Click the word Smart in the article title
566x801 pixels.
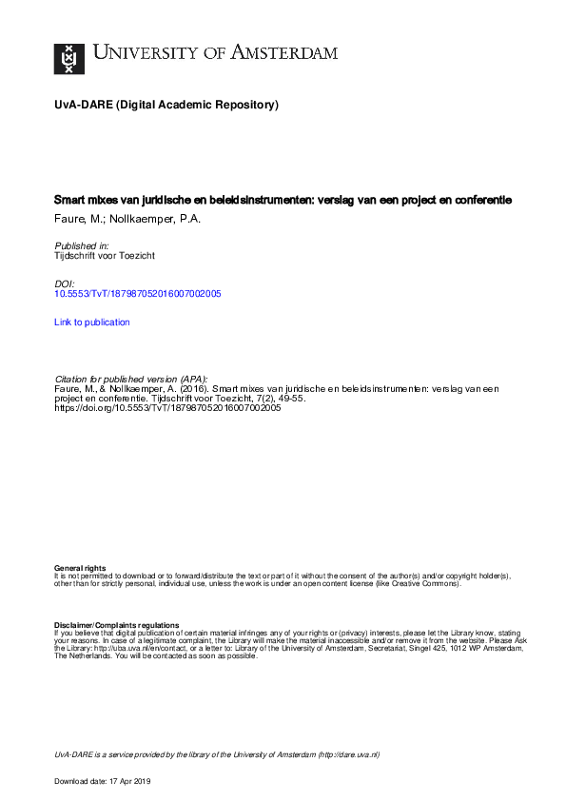tap(70, 201)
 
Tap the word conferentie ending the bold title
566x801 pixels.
tap(481, 201)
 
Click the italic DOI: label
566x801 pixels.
tap(66, 284)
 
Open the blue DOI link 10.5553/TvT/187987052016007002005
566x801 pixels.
tap(138, 295)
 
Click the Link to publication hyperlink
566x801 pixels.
tap(92, 322)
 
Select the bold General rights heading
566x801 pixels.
tap(80, 568)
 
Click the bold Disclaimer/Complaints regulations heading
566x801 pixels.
tap(117, 624)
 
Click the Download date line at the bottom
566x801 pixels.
tap(103, 781)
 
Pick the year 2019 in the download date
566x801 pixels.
tap(142, 781)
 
